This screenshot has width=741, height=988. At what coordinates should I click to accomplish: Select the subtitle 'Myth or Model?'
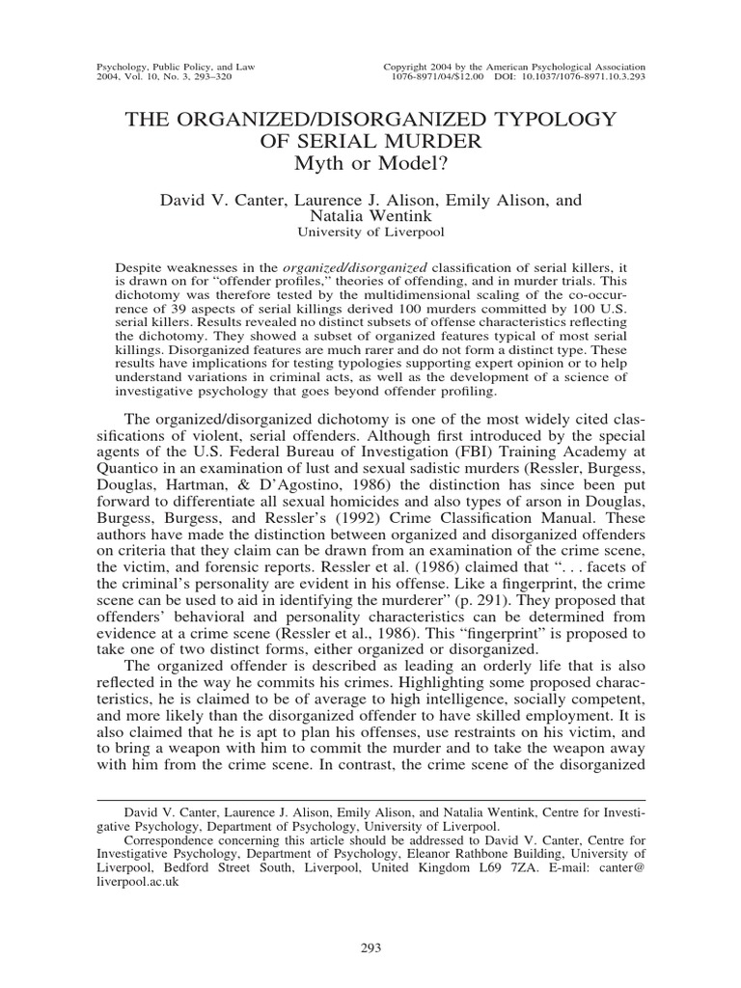[x=370, y=164]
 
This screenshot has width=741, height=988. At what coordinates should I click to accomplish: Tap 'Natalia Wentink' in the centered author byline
[x=370, y=218]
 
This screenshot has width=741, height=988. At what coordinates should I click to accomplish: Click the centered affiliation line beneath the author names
[x=370, y=233]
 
